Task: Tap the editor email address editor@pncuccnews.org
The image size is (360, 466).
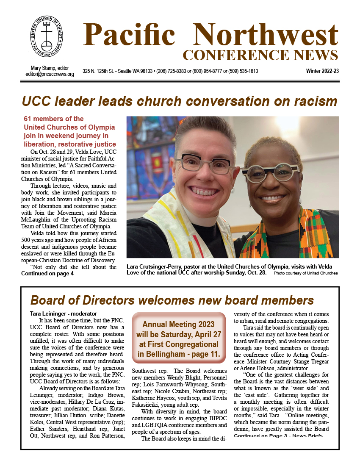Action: [50, 74]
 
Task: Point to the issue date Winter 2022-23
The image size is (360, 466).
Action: [322, 71]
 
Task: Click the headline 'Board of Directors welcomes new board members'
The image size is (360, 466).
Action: [172, 300]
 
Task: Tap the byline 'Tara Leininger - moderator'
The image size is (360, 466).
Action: [58, 313]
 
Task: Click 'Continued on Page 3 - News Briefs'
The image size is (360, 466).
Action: [278, 436]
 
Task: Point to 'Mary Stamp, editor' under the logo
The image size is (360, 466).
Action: [50, 68]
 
